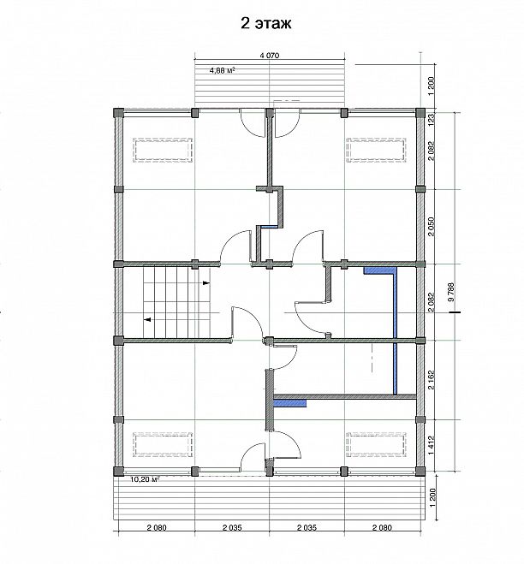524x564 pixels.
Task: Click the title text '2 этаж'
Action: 266,23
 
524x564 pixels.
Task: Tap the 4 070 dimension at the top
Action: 270,56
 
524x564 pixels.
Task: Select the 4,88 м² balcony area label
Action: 222,70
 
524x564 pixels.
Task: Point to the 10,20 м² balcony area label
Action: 145,478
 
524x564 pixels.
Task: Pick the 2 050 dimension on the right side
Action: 432,226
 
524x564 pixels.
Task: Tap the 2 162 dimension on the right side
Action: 432,379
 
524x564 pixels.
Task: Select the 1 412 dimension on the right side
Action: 432,445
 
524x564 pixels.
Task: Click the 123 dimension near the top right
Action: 432,119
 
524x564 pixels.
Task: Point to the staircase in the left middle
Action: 176,302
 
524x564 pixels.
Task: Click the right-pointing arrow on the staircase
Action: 206,282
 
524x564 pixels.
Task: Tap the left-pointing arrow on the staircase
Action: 147,319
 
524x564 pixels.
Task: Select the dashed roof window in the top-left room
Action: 163,150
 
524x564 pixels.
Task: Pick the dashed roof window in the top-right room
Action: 376,150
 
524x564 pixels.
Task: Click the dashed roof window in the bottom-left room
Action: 163,444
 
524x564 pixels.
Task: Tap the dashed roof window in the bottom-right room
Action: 376,444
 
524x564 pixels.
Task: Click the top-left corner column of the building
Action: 118,113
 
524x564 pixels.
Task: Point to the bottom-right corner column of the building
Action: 420,472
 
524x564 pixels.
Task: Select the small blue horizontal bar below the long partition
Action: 290,403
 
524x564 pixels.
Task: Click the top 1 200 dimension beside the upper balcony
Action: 432,86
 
